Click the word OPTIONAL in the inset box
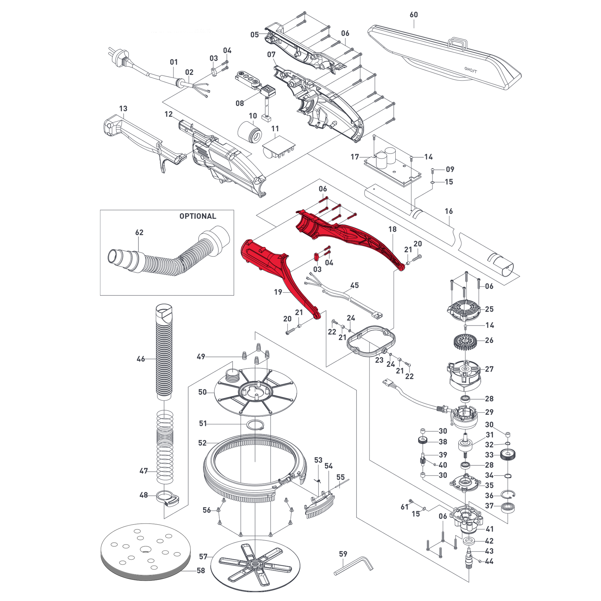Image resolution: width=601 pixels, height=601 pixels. (x=197, y=216)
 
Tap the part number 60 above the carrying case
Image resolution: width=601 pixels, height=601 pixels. (x=413, y=15)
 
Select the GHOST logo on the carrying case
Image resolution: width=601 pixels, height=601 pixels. (x=470, y=70)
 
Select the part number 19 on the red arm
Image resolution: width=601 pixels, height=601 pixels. (x=278, y=292)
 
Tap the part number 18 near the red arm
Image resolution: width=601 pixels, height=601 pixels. (x=393, y=229)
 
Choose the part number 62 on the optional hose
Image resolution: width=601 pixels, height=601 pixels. (x=139, y=232)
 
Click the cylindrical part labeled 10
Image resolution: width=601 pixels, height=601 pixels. (x=250, y=133)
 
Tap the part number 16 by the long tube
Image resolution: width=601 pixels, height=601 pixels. (x=449, y=211)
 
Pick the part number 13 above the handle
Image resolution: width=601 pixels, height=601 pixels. (x=123, y=109)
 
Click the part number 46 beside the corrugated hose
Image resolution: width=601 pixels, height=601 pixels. (x=141, y=359)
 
